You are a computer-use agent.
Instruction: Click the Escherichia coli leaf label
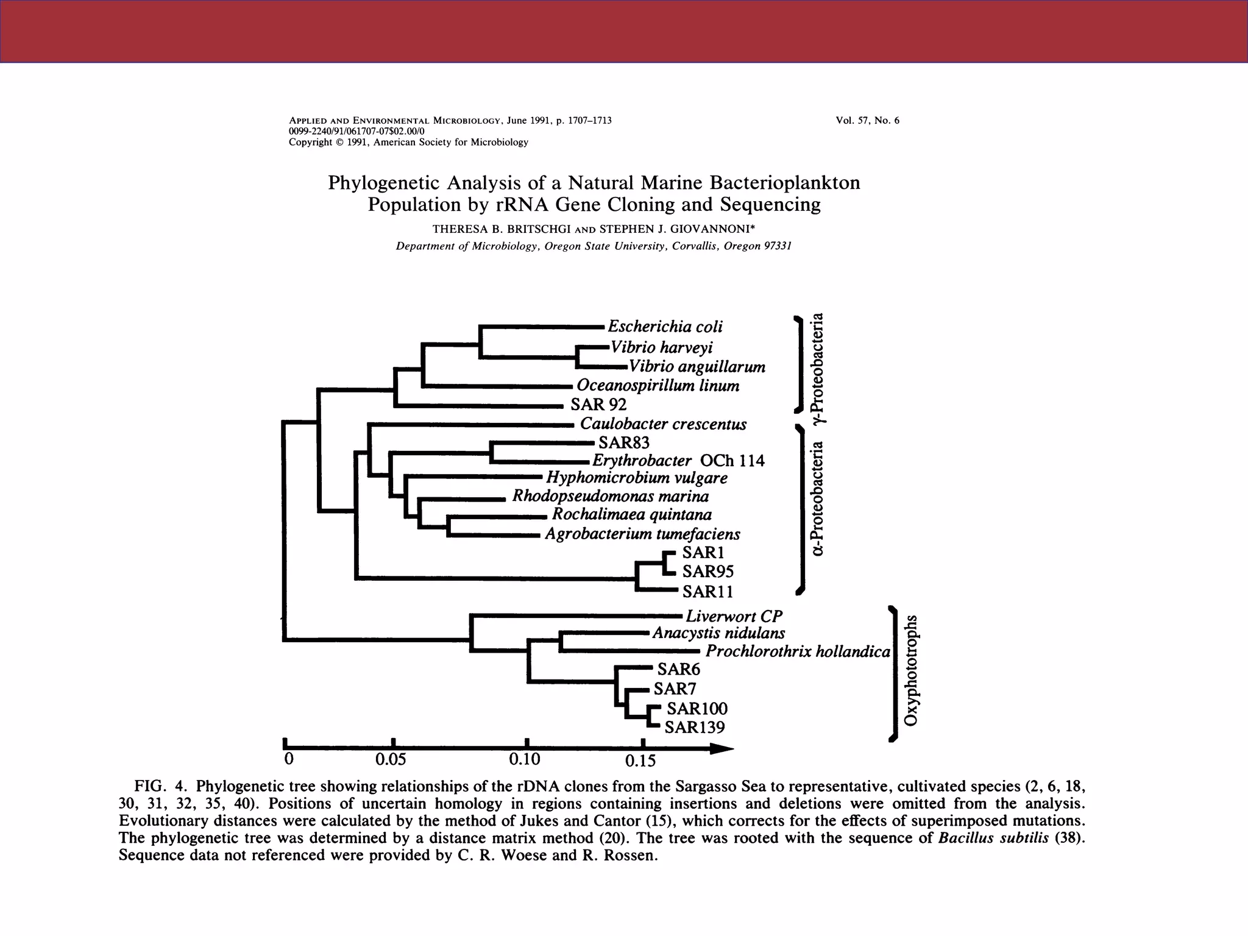(665, 327)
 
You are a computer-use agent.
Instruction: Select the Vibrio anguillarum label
(697, 367)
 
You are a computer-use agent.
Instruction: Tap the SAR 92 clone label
(598, 405)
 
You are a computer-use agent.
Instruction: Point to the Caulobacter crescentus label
(663, 424)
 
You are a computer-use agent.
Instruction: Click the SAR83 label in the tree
(624, 442)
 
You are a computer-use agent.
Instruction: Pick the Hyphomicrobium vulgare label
(637, 478)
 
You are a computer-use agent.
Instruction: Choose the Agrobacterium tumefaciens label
(642, 534)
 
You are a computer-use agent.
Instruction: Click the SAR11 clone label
(707, 592)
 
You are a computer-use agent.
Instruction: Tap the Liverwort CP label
(734, 617)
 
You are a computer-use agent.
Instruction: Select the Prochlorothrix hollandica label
(798, 652)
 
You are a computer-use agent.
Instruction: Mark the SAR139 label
(695, 728)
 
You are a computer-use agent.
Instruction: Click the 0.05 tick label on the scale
(391, 760)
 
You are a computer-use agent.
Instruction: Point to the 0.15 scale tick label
(640, 760)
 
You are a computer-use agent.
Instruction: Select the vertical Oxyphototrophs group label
(911, 670)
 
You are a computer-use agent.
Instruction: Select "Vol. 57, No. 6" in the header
(868, 121)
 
